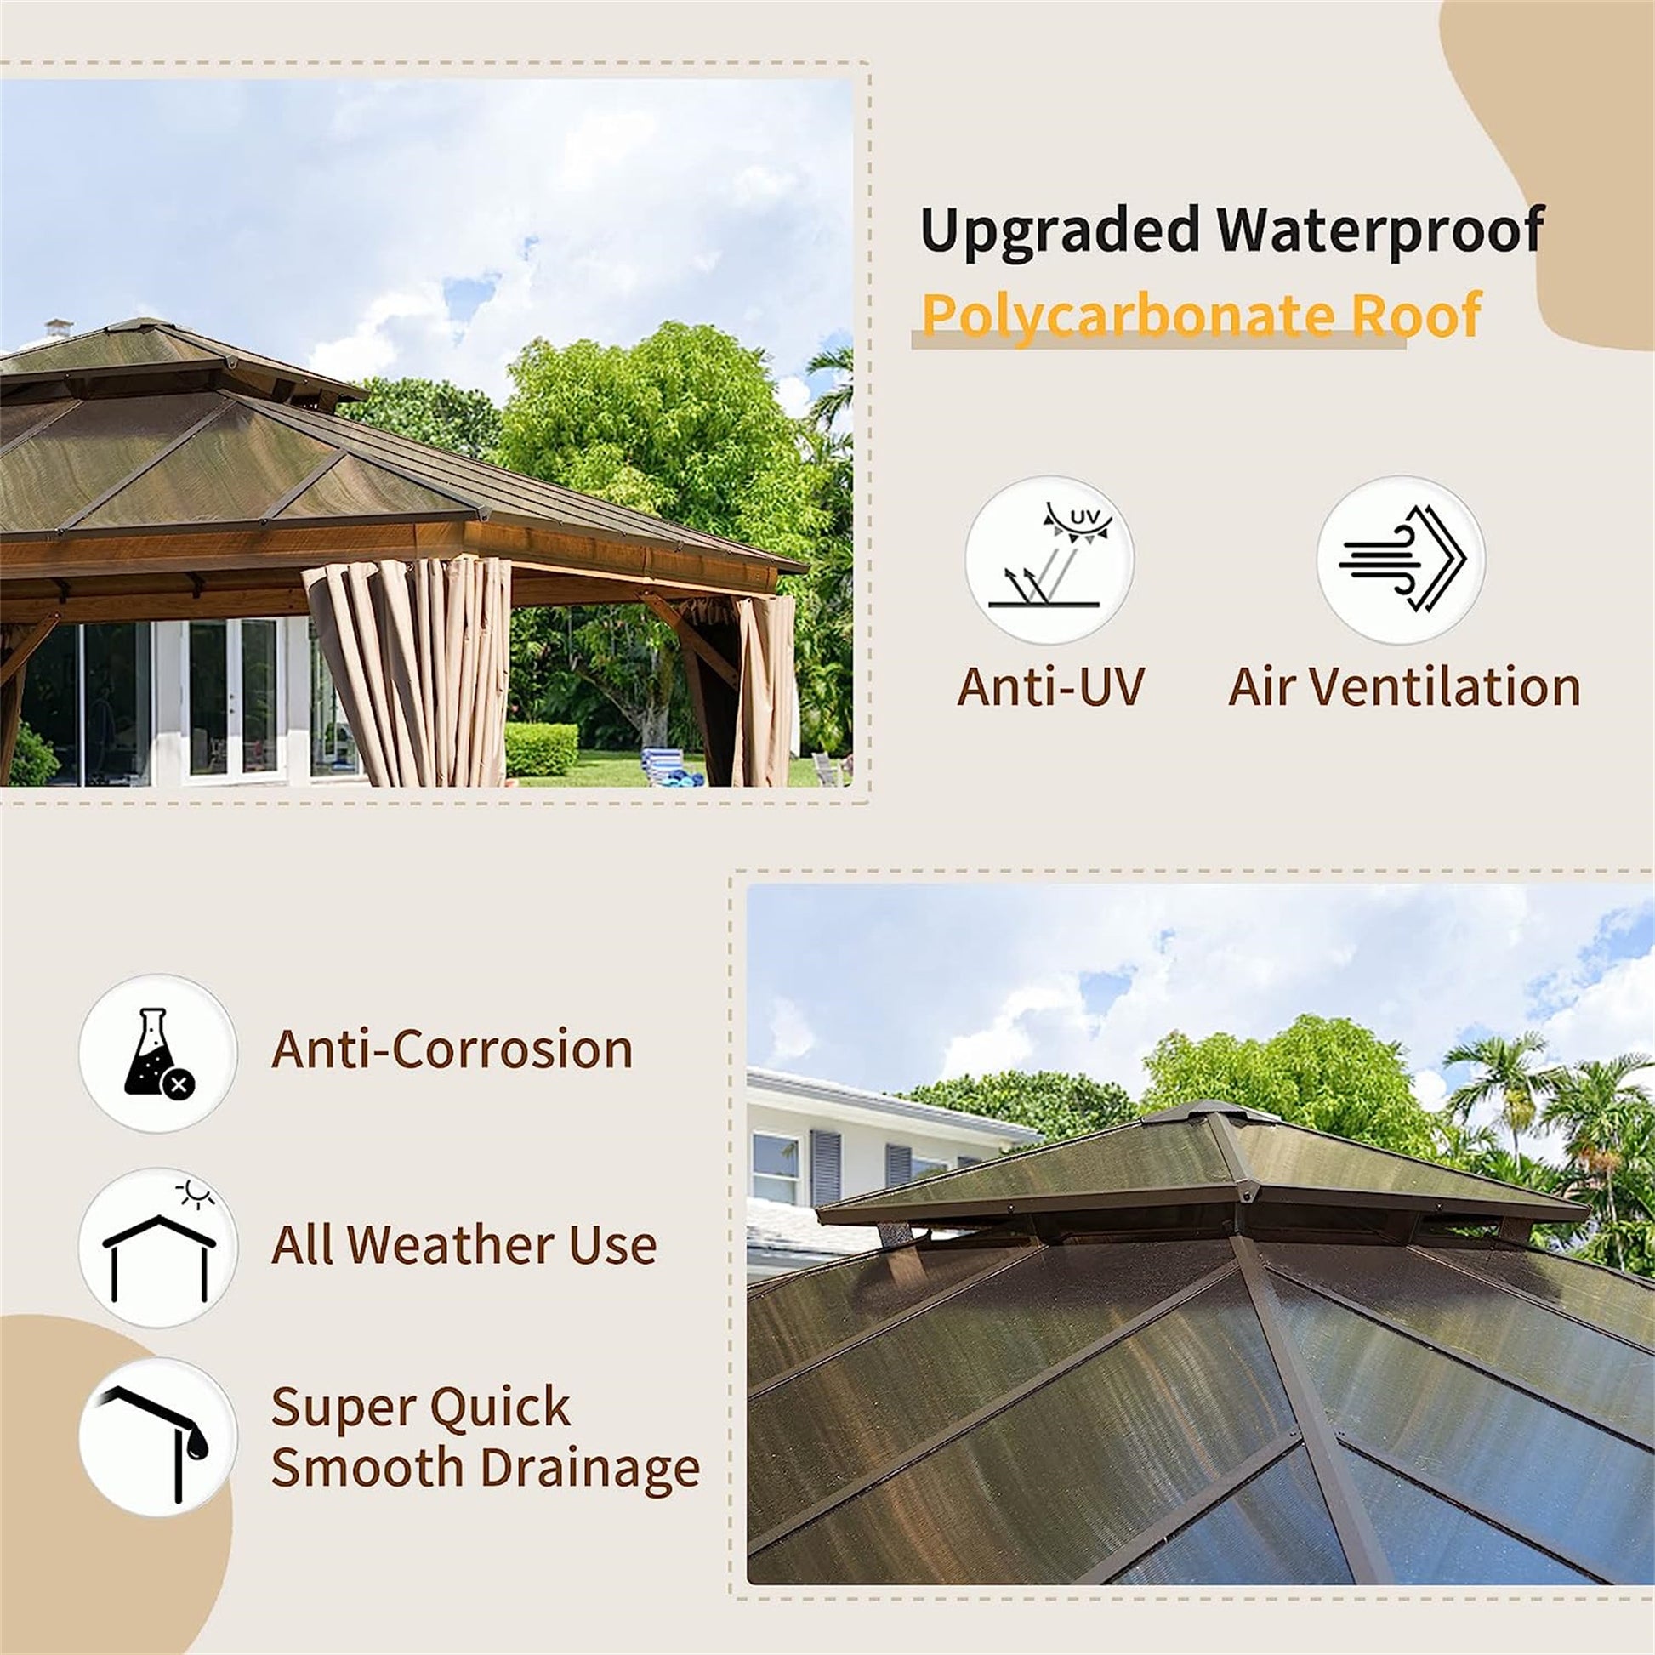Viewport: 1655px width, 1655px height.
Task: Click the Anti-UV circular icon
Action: coord(1049,560)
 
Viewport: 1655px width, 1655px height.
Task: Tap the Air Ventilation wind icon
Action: coord(1401,560)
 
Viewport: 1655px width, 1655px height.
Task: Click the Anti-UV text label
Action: coord(1050,687)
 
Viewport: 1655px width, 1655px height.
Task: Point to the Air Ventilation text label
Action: coord(1404,687)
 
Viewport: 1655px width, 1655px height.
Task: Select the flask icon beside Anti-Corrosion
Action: coord(157,1053)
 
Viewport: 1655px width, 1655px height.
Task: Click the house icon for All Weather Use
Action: coord(157,1248)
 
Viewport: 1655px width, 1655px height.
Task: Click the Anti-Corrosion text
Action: coord(452,1049)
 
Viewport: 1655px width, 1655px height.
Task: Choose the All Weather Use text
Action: coord(464,1245)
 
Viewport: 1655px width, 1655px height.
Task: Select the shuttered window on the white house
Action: coord(825,1166)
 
